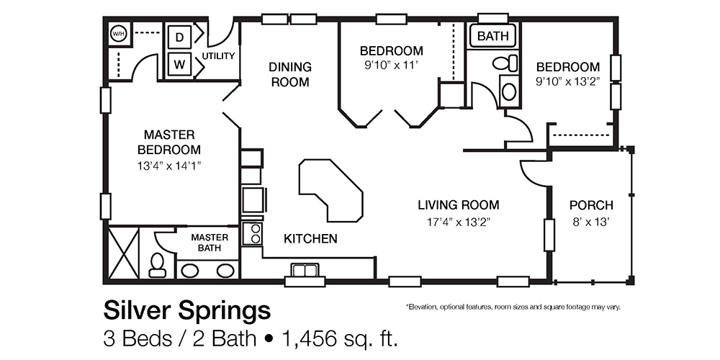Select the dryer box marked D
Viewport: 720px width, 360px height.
tap(179, 36)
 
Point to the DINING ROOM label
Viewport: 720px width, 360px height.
tap(290, 74)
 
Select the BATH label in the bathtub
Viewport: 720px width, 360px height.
tap(492, 35)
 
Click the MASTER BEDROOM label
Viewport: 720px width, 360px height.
tap(170, 142)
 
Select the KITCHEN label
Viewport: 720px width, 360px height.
tap(310, 238)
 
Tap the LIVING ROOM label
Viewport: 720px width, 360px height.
tap(458, 204)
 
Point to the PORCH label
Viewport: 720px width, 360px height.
tap(590, 204)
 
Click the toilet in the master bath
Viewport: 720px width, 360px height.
tap(156, 264)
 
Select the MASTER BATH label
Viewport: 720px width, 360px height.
tap(209, 243)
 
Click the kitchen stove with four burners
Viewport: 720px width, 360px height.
tap(253, 233)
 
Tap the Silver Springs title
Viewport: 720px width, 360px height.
tap(187, 310)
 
